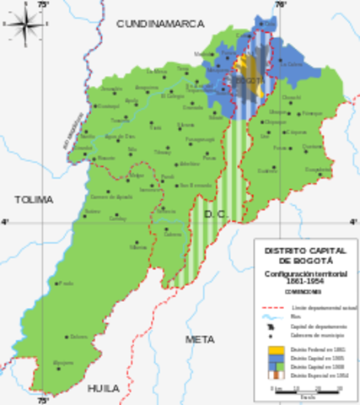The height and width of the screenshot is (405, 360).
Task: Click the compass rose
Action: tap(22, 23)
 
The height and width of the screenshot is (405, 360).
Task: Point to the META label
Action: tap(200, 338)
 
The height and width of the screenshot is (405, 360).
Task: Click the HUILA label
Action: tap(104, 388)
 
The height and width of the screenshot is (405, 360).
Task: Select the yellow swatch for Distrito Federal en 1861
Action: tap(274, 348)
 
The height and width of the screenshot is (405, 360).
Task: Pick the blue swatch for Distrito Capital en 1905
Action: tap(274, 358)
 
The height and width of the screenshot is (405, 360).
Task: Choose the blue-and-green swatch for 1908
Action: tap(274, 366)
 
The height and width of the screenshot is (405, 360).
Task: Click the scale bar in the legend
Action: tap(305, 388)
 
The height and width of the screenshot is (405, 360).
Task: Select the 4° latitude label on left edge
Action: tap(4, 222)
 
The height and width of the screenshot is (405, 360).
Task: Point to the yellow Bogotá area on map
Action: tap(242, 67)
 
